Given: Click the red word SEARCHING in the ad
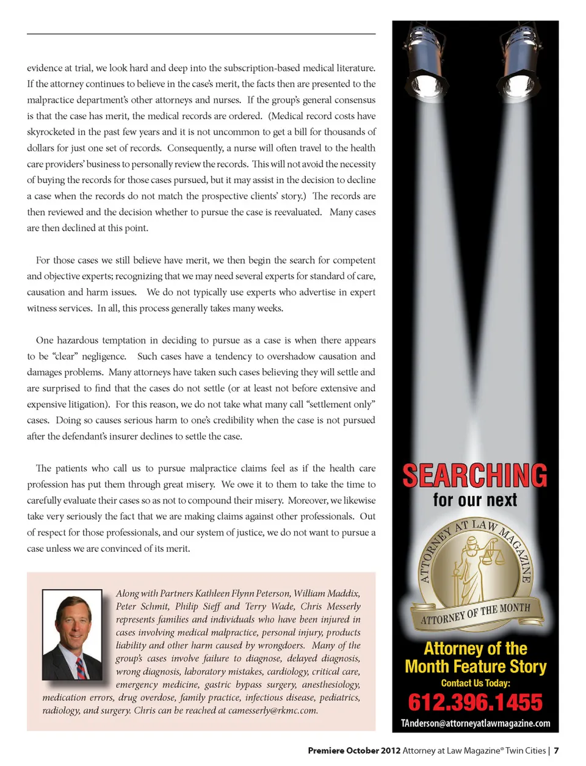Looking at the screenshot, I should click(475, 476).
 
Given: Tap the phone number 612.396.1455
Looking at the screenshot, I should click(475, 703).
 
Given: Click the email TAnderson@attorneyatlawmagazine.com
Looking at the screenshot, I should click(476, 723).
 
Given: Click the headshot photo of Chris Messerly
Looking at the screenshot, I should click(72, 635).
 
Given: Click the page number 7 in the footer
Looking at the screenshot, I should click(557, 751).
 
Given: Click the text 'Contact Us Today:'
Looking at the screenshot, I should click(476, 683).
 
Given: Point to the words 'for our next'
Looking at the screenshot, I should click(475, 500).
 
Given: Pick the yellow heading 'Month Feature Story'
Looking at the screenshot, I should click(476, 667).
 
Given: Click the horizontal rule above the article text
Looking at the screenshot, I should click(201, 34).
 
